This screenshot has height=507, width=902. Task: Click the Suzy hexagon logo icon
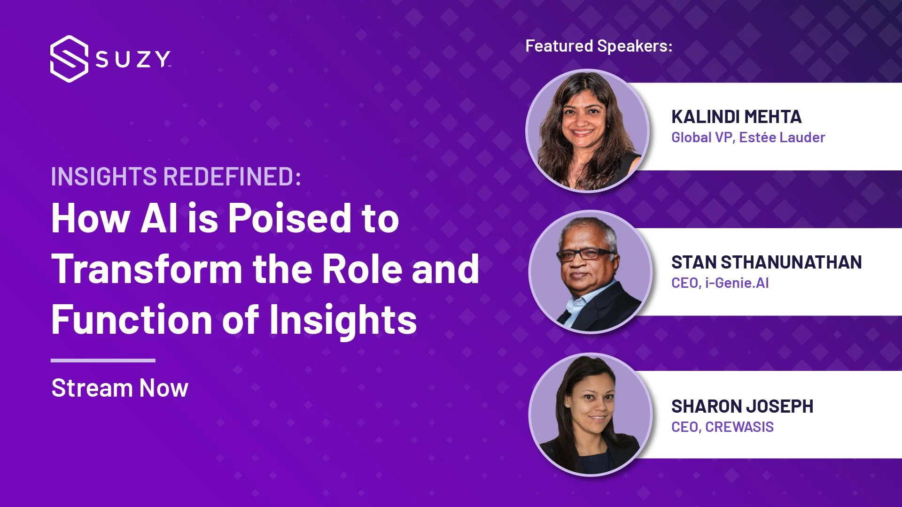69,59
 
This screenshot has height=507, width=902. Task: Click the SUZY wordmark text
133,60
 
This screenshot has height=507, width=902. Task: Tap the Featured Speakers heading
599,46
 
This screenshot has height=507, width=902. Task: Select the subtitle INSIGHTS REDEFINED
176,177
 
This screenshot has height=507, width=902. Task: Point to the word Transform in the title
147,269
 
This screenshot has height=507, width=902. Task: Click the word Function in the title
132,320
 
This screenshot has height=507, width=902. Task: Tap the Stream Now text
120,388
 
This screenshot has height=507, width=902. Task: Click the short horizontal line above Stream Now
103,361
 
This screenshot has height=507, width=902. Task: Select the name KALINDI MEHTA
736,117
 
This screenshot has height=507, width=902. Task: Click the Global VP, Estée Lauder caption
748,138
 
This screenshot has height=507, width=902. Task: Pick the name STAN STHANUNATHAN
766,262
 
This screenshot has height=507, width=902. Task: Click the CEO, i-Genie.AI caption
720,283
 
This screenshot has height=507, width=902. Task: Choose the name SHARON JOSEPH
742,407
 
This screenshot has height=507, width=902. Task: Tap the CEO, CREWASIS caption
722,427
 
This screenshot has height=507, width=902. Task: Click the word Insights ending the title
343,320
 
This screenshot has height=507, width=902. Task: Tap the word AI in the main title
159,219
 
